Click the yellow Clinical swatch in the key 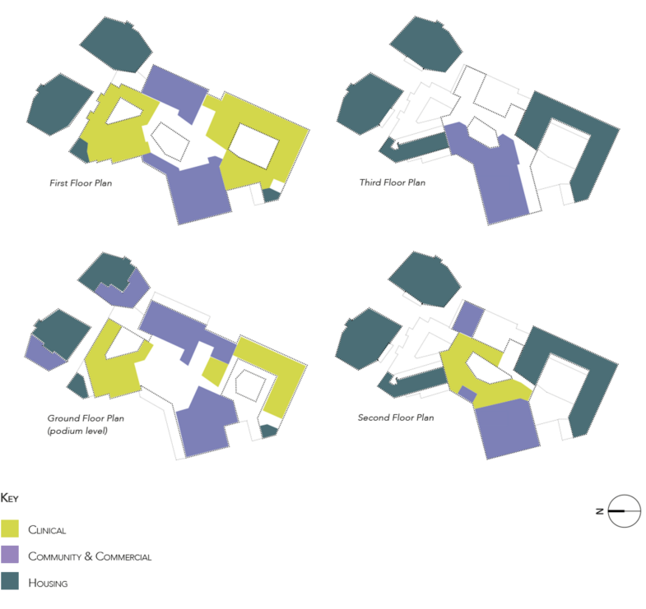[10, 528]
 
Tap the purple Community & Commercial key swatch [10, 554]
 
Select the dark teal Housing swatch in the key [10, 580]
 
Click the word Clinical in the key [47, 530]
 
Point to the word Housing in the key [48, 583]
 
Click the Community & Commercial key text [90, 556]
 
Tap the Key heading [10, 498]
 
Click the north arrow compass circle [624, 511]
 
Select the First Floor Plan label [81, 183]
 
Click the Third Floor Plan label [393, 182]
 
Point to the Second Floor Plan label [396, 418]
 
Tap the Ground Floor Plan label [86, 418]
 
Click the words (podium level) [77, 431]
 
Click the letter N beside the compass [600, 511]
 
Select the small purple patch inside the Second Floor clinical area [467, 394]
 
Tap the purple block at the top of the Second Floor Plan [468, 319]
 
